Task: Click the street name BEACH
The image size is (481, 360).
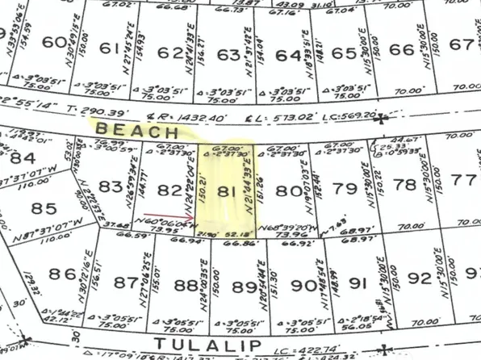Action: click(x=135, y=129)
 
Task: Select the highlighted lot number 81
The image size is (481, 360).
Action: click(x=229, y=192)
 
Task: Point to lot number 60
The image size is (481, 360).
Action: click(x=54, y=43)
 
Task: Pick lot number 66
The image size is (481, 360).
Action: click(x=401, y=48)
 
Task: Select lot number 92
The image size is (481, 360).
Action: click(x=420, y=280)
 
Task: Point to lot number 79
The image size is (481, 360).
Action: click(x=345, y=190)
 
